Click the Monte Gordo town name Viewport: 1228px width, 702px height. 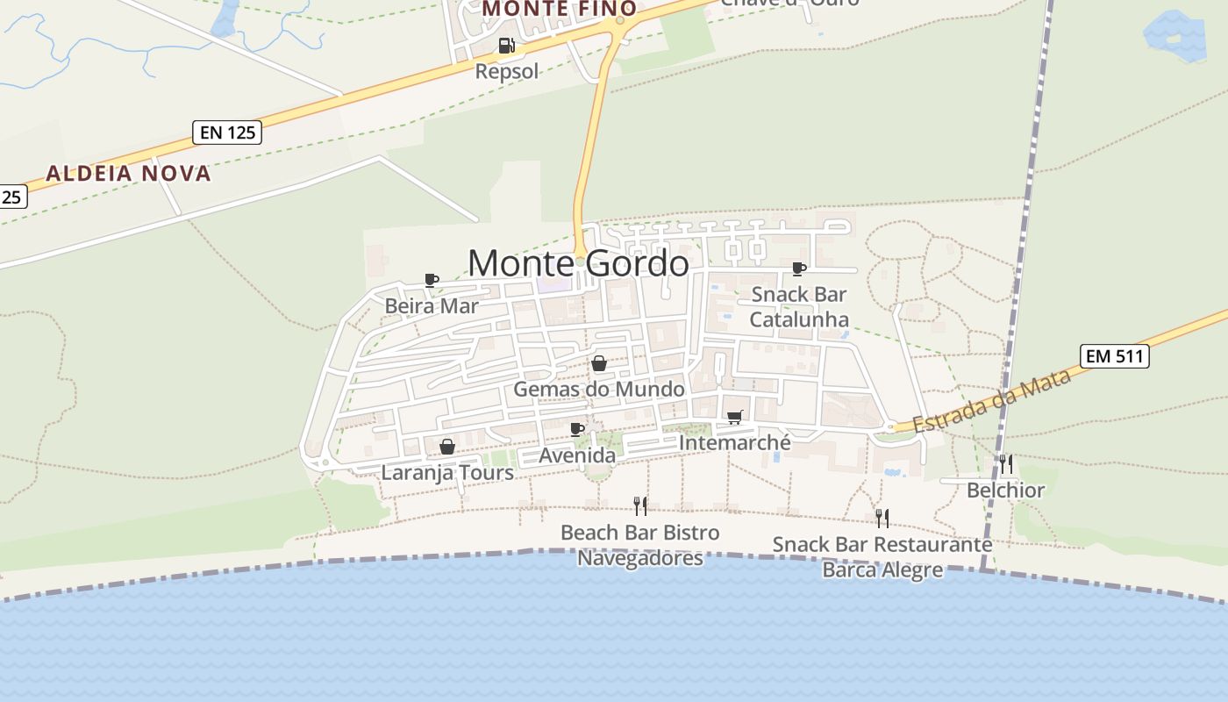[578, 262]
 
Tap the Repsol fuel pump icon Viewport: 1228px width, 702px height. [506, 46]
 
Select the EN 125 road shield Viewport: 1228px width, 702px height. [227, 133]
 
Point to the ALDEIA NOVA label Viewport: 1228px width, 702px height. [129, 173]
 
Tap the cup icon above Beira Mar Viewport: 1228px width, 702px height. [431, 280]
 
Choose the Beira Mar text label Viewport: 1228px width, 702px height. [432, 306]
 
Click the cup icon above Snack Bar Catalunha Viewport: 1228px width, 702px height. [799, 269]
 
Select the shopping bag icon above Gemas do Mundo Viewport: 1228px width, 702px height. [599, 363]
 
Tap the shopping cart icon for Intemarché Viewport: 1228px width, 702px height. [734, 418]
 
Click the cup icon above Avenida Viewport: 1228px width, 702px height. [576, 429]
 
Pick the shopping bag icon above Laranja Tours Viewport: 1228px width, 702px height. [446, 447]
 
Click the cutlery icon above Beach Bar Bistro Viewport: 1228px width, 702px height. [640, 506]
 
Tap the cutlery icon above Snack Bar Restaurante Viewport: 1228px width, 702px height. [882, 518]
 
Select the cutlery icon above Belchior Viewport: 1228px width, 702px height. [1006, 464]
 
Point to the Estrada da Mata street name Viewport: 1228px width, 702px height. [992, 400]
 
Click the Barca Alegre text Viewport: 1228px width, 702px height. [882, 569]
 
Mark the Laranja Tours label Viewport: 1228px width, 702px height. [447, 472]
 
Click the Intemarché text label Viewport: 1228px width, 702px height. [735, 443]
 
